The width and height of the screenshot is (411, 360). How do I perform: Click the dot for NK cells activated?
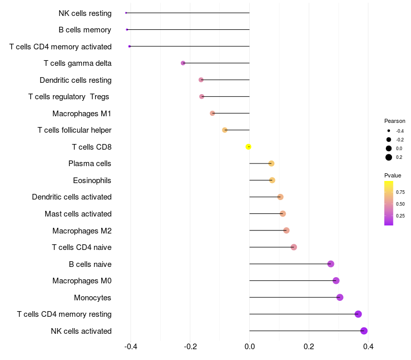[x=364, y=331]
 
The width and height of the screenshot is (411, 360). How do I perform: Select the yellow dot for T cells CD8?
[x=249, y=147]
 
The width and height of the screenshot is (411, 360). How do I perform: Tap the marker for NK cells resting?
[x=126, y=13]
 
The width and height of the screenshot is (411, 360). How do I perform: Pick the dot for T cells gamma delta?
[x=183, y=63]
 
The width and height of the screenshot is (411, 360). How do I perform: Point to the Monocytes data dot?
[x=340, y=297]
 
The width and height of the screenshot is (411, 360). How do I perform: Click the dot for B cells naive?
[x=331, y=264]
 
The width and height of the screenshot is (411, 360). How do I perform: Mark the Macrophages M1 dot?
[x=212, y=113]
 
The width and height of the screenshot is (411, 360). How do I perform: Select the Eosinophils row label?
[x=92, y=181]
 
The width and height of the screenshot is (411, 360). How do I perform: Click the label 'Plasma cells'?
[x=90, y=164]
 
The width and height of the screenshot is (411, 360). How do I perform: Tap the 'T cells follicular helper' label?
[x=74, y=130]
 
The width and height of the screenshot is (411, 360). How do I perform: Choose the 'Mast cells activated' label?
[x=78, y=214]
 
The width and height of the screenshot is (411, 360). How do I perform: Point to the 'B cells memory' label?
[x=85, y=30]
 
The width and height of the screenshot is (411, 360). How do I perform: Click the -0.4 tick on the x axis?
[x=130, y=347]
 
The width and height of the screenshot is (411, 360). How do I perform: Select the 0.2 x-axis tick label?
[x=309, y=347]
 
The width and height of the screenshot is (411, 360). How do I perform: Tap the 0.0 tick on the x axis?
[x=250, y=347]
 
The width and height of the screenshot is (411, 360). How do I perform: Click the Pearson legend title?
[x=395, y=121]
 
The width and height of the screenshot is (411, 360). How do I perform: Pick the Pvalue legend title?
[x=393, y=175]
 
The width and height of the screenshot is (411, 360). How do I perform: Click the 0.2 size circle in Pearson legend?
[x=389, y=157]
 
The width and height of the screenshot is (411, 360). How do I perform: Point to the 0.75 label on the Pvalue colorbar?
[x=400, y=192]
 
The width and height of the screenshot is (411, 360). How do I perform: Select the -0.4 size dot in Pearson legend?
[x=389, y=131]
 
